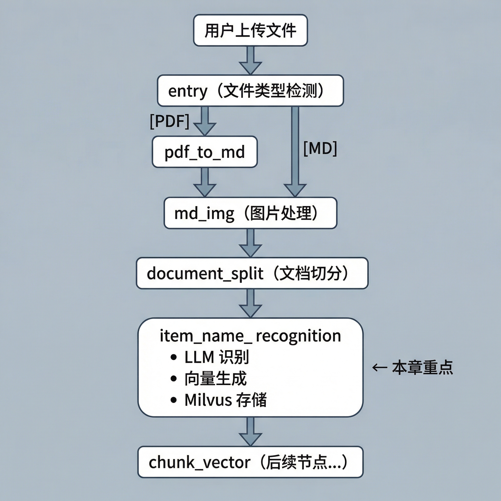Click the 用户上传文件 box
tap(250, 30)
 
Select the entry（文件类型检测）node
tap(250, 91)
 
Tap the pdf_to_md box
tap(205, 152)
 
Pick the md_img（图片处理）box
tap(250, 213)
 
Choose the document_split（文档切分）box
tap(252, 273)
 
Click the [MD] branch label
tap(320, 148)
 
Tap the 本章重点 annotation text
tap(422, 367)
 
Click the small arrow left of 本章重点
tap(380, 367)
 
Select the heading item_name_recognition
tap(250, 336)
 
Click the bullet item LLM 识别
tap(210, 357)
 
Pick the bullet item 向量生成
tap(209, 378)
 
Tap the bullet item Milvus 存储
tap(219, 400)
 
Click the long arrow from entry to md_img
tap(295, 152)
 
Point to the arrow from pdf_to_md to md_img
tap(205, 182)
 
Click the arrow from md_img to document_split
tap(250, 243)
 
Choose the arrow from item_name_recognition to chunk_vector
tap(250, 432)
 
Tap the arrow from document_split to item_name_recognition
tap(250, 303)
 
